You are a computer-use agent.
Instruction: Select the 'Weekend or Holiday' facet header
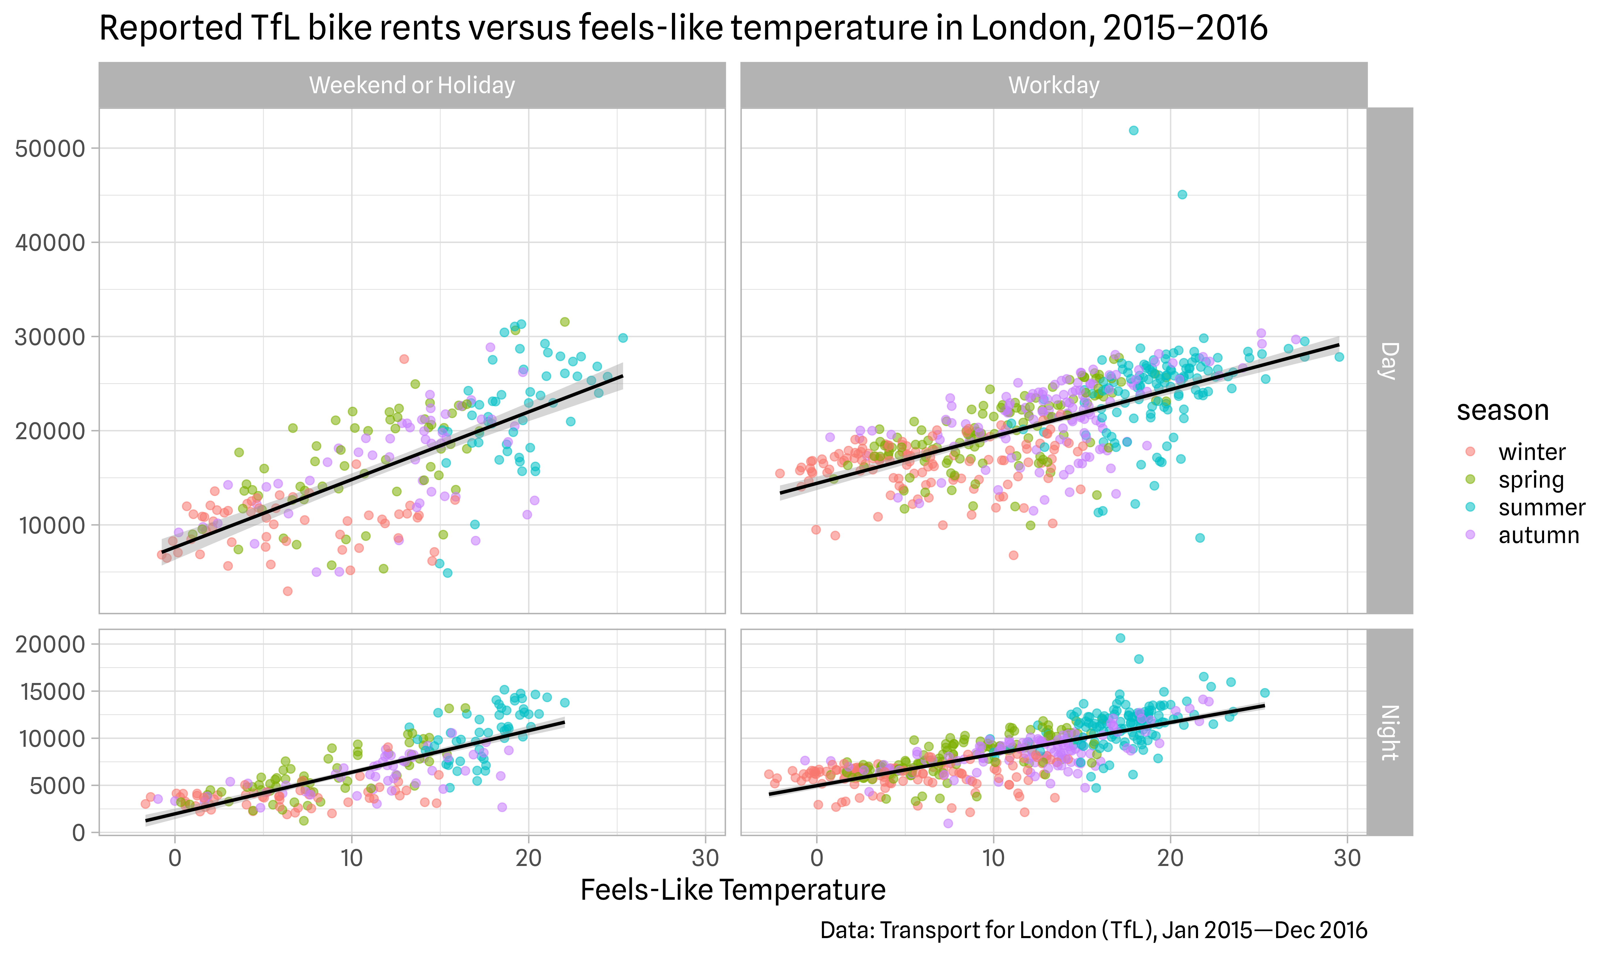[x=412, y=85]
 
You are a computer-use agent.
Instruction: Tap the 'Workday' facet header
[x=1054, y=85]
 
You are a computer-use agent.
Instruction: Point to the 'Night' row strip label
[x=1389, y=733]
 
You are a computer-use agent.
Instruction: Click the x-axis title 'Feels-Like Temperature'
[x=732, y=890]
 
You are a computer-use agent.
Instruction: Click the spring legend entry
[x=1531, y=480]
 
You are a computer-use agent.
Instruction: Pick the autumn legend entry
[x=1538, y=536]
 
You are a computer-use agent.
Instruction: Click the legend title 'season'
[x=1502, y=411]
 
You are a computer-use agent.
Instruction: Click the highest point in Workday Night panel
[x=1120, y=638]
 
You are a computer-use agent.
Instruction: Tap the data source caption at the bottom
[x=1093, y=930]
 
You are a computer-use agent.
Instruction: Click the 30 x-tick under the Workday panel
[x=1347, y=858]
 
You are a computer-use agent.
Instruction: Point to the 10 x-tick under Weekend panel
[x=352, y=858]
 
